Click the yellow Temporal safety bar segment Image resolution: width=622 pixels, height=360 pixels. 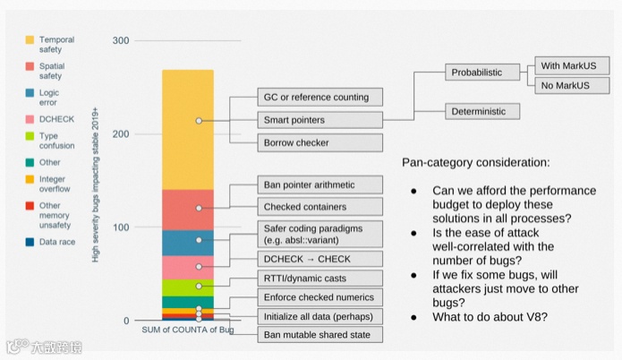click(187, 130)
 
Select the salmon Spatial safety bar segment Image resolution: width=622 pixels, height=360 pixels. click(187, 210)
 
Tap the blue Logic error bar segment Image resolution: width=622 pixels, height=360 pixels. click(187, 243)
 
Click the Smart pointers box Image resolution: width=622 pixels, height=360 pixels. click(320, 120)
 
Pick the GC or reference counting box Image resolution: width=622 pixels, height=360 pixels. click(320, 97)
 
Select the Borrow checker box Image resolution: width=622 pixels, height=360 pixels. click(320, 143)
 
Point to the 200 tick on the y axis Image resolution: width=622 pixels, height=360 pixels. click(121, 134)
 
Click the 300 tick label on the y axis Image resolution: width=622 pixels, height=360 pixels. click(121, 41)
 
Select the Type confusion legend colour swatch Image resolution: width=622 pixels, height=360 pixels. click(30, 137)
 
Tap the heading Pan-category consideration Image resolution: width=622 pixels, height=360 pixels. click(477, 164)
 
